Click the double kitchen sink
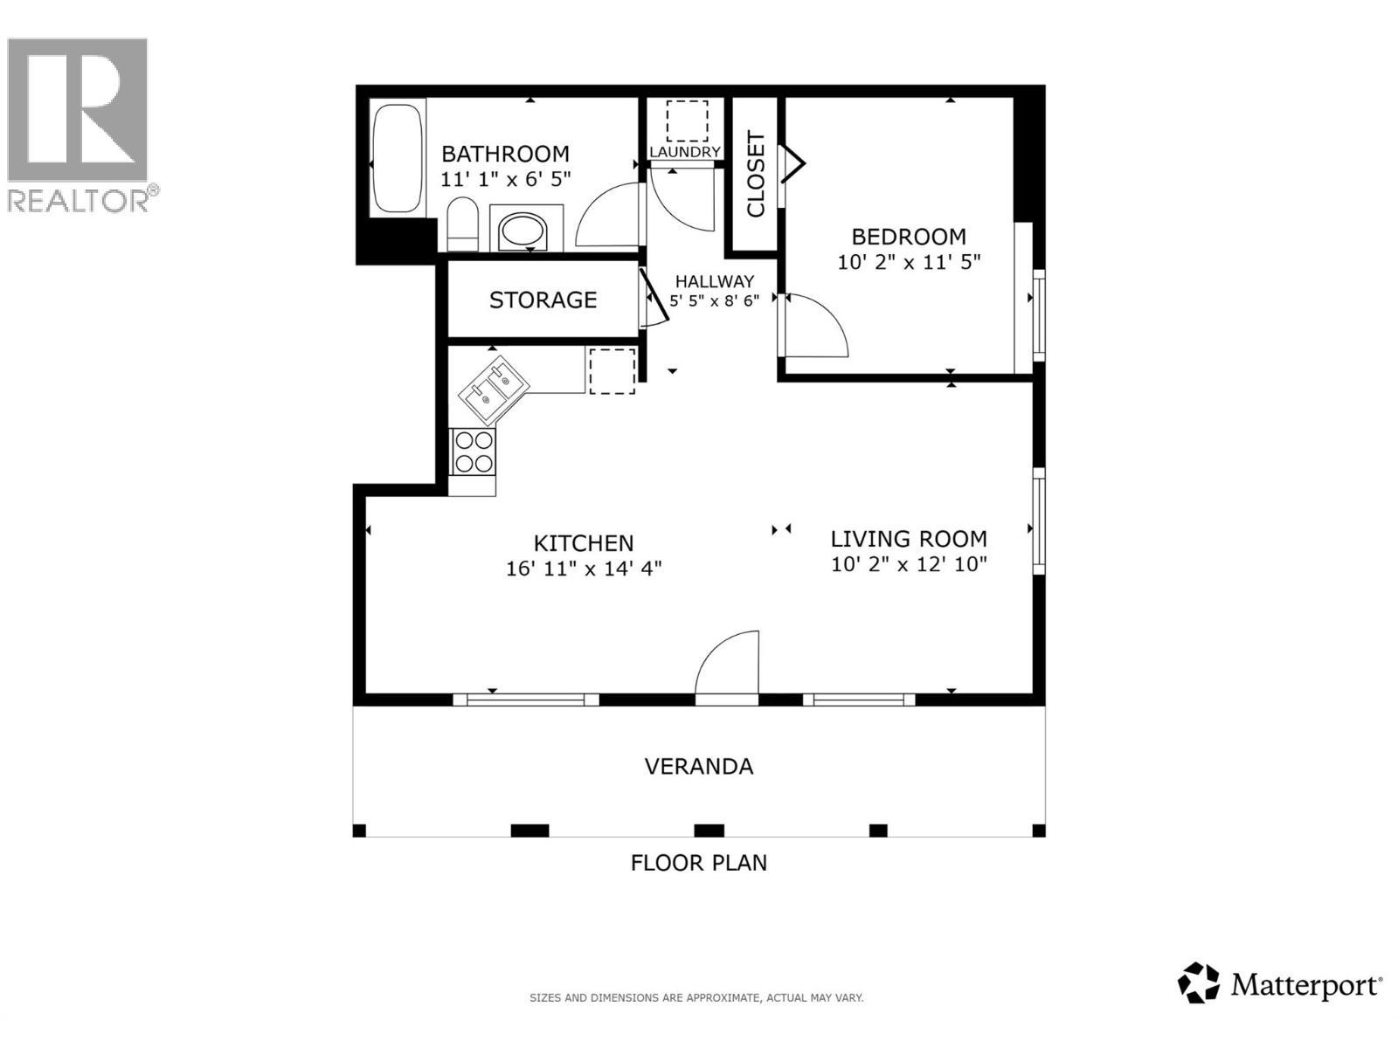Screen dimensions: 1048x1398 point(493,390)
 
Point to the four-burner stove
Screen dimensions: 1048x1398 point(473,452)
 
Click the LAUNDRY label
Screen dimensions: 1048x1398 point(685,152)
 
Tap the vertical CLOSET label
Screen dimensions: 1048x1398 point(756,175)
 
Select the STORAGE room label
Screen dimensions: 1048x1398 point(543,300)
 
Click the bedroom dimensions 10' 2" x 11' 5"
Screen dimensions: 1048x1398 point(909,262)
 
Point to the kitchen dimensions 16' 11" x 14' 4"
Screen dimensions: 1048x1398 point(584,569)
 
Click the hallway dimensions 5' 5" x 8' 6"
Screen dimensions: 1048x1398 point(714,300)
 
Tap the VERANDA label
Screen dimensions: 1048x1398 point(698,767)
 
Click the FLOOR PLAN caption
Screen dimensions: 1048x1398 point(698,863)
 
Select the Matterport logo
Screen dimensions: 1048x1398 point(1280,984)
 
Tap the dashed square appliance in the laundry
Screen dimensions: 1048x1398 point(687,121)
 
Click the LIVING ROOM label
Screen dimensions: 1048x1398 point(909,539)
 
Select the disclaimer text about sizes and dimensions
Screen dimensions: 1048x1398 point(696,997)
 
